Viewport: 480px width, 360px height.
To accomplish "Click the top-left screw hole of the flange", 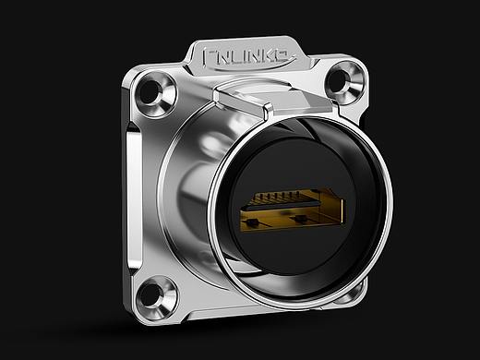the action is [150, 91].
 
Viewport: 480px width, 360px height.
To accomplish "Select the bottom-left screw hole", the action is [150, 294].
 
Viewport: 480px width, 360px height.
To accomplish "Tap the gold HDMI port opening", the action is [293, 210].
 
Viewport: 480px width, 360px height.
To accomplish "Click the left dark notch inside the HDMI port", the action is [253, 222].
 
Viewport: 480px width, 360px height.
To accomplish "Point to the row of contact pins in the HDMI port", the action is [277, 196].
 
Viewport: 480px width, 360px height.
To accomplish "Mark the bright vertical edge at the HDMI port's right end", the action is [342, 212].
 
